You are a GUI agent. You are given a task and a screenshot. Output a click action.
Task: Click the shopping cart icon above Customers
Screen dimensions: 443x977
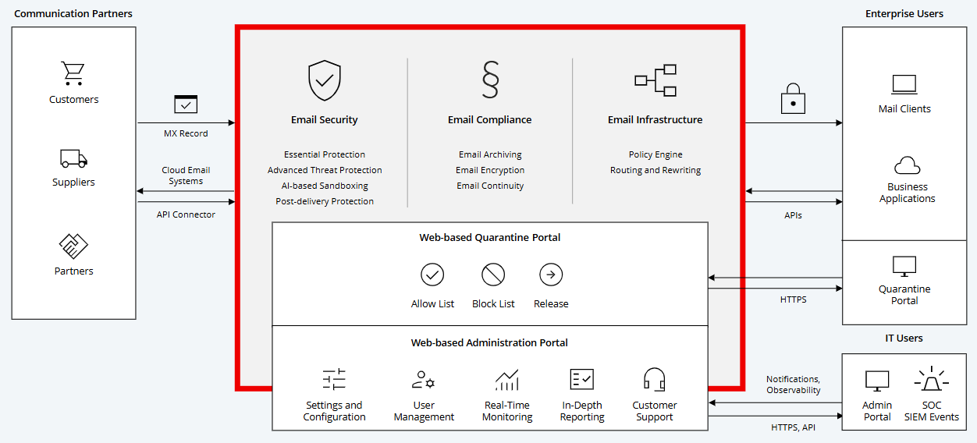click(73, 73)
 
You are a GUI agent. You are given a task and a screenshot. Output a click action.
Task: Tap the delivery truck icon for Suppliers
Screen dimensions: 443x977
click(73, 158)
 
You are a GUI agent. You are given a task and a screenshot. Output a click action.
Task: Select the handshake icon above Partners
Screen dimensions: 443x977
click(73, 246)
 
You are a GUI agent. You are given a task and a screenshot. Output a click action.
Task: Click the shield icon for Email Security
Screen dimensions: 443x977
click(325, 81)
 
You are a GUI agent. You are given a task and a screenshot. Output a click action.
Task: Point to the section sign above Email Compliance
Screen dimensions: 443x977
click(490, 80)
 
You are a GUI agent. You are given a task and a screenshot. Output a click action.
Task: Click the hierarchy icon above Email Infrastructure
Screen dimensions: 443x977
click(655, 80)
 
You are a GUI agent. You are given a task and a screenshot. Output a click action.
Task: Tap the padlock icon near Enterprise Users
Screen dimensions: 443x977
click(793, 98)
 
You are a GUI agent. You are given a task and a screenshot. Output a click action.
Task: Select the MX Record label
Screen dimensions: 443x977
click(186, 133)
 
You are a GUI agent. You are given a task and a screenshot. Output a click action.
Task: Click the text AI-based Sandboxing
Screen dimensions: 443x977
click(325, 186)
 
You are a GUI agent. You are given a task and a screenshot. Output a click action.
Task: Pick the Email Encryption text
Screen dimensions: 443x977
click(490, 170)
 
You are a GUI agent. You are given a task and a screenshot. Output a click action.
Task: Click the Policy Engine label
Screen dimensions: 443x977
click(655, 154)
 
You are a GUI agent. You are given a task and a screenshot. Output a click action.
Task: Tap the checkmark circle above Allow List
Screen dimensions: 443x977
click(432, 275)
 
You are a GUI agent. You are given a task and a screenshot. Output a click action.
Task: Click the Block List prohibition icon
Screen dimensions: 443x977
click(493, 275)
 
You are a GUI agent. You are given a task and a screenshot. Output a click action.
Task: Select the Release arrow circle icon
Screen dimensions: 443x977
click(551, 275)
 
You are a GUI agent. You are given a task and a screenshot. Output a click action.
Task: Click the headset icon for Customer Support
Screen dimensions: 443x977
click(654, 380)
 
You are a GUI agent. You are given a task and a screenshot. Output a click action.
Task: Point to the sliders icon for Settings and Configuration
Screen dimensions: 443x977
click(334, 380)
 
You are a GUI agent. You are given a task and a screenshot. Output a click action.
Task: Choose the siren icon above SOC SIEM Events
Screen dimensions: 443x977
click(931, 381)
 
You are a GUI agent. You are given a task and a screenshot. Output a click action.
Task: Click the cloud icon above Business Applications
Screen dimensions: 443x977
click(907, 165)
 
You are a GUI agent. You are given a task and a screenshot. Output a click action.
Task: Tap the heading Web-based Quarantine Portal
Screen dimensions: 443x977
click(490, 238)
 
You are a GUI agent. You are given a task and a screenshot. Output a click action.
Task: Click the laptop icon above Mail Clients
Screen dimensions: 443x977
click(904, 84)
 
